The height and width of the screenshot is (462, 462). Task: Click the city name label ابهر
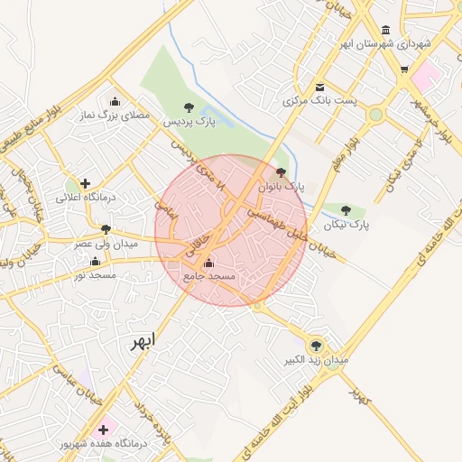click(x=142, y=341)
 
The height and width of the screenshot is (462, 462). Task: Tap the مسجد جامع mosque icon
click(x=209, y=263)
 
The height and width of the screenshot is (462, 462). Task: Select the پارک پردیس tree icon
click(x=188, y=107)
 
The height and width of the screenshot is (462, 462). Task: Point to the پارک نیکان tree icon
click(x=346, y=210)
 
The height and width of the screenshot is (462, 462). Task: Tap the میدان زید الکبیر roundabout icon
click(x=315, y=345)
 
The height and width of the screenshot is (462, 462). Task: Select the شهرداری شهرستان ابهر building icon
click(x=386, y=30)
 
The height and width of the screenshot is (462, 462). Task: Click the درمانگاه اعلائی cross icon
click(x=86, y=183)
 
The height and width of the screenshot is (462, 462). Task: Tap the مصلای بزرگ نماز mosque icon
click(x=115, y=102)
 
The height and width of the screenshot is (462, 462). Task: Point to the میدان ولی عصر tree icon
click(x=106, y=230)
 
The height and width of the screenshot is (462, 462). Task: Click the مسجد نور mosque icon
click(x=95, y=261)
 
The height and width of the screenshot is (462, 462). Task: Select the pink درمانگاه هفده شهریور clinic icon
click(x=104, y=430)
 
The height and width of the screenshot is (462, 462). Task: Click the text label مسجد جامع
click(x=208, y=276)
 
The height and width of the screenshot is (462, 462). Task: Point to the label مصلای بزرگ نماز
click(x=115, y=115)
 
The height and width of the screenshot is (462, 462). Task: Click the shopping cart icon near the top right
click(x=403, y=69)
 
